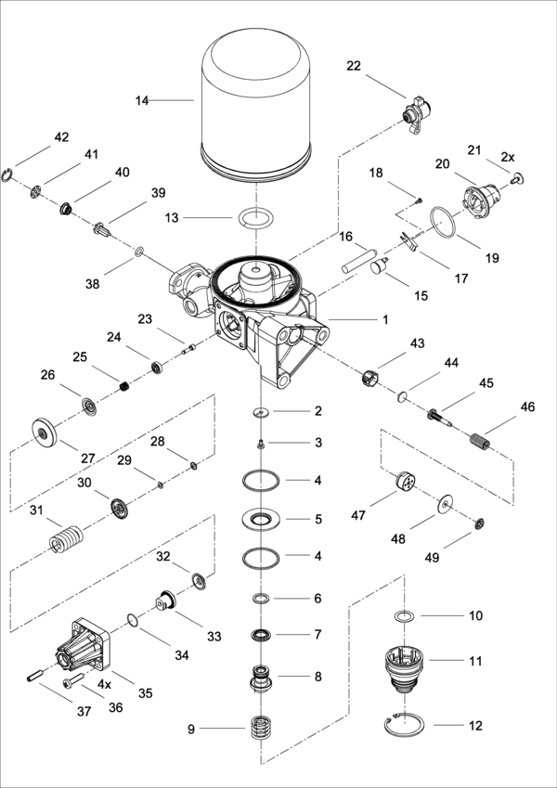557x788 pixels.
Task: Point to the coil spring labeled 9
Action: (x=260, y=727)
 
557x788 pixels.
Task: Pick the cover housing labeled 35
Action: (x=84, y=647)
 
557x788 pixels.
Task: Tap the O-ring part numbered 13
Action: (x=255, y=219)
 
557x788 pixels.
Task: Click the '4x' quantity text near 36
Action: (x=105, y=684)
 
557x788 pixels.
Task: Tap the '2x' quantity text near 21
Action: (x=508, y=158)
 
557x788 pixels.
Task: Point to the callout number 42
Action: (x=61, y=137)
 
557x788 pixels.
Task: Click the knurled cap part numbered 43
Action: (x=371, y=377)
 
